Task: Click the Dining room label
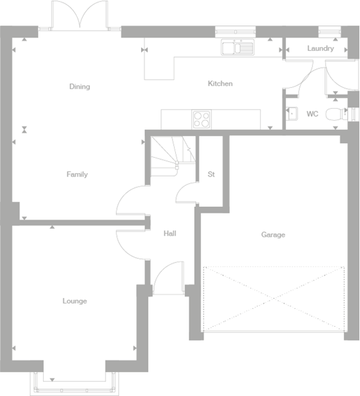coord(79,87)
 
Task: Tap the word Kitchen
coord(220,84)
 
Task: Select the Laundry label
coord(320,49)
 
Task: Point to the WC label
coord(312,114)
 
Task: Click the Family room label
coord(77,175)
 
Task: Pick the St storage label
coord(211,175)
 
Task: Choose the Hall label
coord(170,234)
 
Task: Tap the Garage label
coord(273,235)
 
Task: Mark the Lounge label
coord(75,301)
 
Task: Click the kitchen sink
coord(237,47)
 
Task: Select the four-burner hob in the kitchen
coord(201,119)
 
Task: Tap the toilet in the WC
coord(334,115)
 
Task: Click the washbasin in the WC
coord(290,115)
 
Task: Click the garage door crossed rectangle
coord(273,299)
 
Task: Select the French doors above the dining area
coord(79,15)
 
